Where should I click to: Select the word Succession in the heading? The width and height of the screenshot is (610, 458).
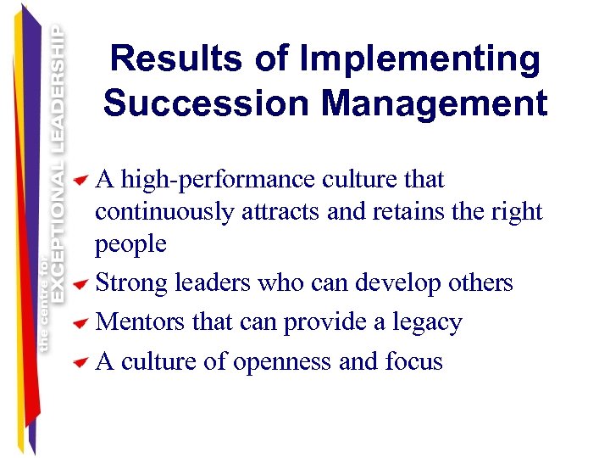(x=206, y=104)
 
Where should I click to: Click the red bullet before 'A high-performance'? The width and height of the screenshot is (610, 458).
(x=80, y=181)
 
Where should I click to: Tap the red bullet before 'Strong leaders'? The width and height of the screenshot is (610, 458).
(x=80, y=284)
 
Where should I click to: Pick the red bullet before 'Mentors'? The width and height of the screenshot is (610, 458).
(x=80, y=324)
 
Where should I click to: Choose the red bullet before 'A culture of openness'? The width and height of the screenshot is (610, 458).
(x=80, y=363)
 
